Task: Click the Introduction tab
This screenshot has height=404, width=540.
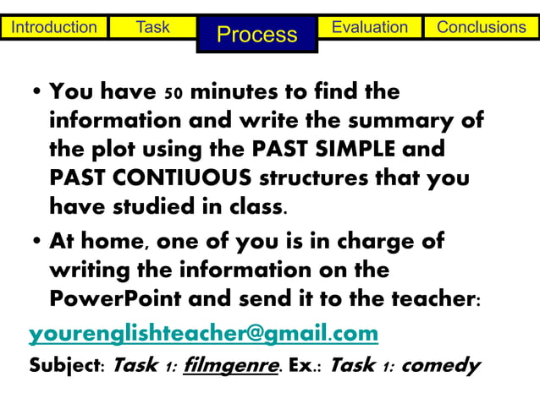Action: tap(54, 27)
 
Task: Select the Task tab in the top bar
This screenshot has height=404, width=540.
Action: tap(153, 27)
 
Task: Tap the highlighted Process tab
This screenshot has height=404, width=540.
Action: tap(257, 34)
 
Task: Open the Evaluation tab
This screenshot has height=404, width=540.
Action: tap(369, 27)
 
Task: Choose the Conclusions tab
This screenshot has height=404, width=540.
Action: tap(481, 27)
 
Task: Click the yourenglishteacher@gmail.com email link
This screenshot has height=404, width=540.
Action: tap(203, 334)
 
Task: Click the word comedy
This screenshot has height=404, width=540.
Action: tap(440, 366)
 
